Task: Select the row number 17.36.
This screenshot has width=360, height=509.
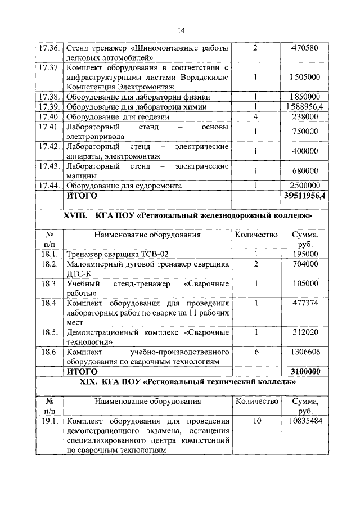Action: (49, 48)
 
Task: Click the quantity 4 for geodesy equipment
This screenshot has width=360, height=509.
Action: (255, 116)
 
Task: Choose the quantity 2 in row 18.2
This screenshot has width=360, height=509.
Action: (255, 264)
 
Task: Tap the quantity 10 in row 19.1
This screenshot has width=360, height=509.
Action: (255, 421)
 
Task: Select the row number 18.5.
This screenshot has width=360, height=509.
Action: (49, 332)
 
